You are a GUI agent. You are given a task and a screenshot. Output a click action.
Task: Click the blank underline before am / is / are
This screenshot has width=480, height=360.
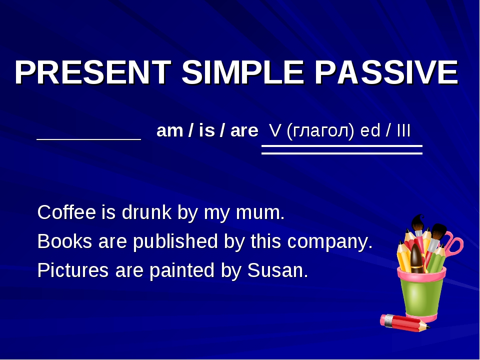point(89,138)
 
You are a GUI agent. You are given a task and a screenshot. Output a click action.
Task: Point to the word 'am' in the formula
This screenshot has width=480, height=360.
point(167,132)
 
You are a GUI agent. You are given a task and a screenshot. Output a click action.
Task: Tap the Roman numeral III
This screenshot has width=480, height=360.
point(403,131)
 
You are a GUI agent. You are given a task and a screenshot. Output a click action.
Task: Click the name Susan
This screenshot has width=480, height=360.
point(276,270)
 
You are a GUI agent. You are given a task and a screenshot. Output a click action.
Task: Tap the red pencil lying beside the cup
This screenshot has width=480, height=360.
point(404,322)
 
